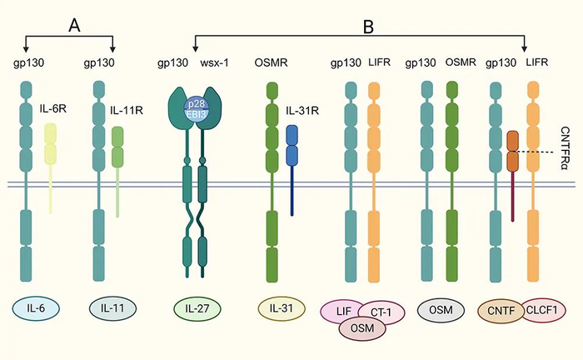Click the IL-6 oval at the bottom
tap(36, 308)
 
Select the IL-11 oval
tap(112, 308)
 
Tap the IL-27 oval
tap(197, 308)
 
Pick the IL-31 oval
tap(282, 308)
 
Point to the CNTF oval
tap(501, 310)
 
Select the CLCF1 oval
tap(543, 309)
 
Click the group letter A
tap(75, 26)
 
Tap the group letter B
tap(368, 27)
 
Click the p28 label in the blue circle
tap(196, 103)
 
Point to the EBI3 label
tap(197, 114)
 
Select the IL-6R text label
tap(53, 108)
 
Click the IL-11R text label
tap(127, 111)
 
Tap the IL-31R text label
tap(302, 111)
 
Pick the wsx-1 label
tap(215, 62)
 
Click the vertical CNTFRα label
tap(565, 148)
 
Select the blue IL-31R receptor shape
tap(291, 170)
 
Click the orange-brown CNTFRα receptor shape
tap(513, 176)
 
